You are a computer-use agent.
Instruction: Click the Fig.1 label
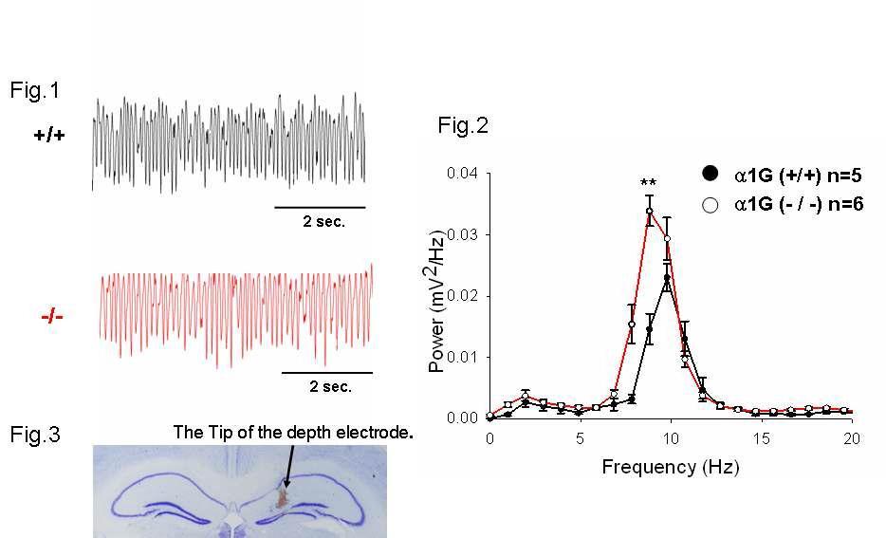click(x=34, y=90)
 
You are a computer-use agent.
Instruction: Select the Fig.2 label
click(x=463, y=124)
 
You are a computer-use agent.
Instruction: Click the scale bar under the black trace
click(x=320, y=206)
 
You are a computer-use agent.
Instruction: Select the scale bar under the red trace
click(x=327, y=372)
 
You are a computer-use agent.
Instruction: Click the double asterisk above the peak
click(x=649, y=184)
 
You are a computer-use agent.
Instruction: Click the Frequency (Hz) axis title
click(x=670, y=467)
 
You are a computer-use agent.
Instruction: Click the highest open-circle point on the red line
click(x=650, y=211)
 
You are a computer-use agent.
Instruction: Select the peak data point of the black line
click(x=668, y=278)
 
